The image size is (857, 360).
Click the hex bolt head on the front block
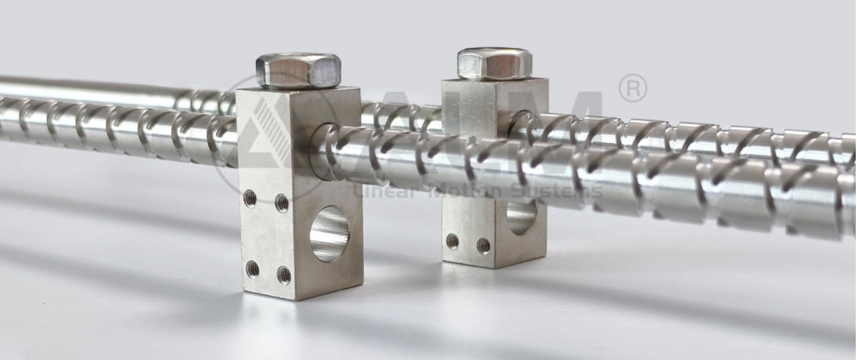coord(298,69)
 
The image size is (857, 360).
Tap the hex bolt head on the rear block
coord(494,63)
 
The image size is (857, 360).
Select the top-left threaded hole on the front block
coord(250,198)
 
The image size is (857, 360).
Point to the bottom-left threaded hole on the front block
coord(252,268)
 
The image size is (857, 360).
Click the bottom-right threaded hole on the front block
coord(284,274)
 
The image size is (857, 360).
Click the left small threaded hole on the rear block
coord(453,241)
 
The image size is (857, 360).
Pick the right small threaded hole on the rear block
coord(483,246)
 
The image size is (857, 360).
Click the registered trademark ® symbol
coord(632,88)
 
